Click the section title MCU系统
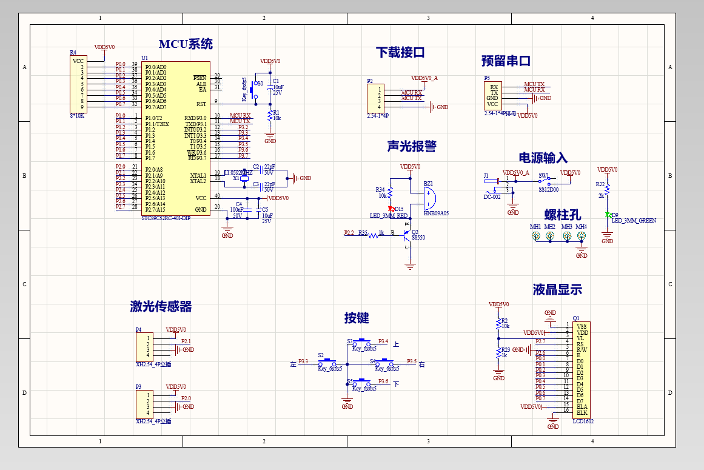pyautogui.click(x=186, y=44)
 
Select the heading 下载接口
pyautogui.click(x=400, y=53)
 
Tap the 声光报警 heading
pyautogui.click(x=412, y=147)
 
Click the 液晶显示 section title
pyautogui.click(x=557, y=290)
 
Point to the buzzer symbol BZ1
pyautogui.click(x=429, y=197)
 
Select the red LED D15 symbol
pyautogui.click(x=391, y=209)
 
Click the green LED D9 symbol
pyautogui.click(x=607, y=215)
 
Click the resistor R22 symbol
pyautogui.click(x=607, y=191)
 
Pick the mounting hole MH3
pyautogui.click(x=567, y=235)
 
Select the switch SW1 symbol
pyautogui.click(x=544, y=180)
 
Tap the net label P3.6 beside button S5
pyautogui.click(x=383, y=381)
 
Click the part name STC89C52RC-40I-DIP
pyautogui.click(x=166, y=218)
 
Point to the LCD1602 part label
pyautogui.click(x=583, y=421)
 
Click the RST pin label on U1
pyautogui.click(x=201, y=104)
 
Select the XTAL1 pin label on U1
pyautogui.click(x=198, y=175)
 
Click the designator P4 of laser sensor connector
pyautogui.click(x=138, y=330)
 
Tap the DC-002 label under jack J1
pyautogui.click(x=492, y=197)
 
